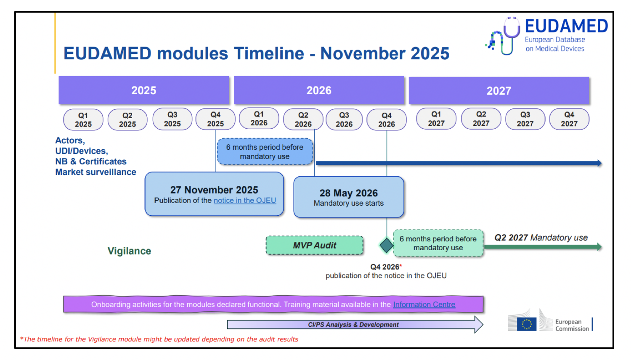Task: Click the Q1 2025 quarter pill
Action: point(83,120)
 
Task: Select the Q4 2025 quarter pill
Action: point(215,119)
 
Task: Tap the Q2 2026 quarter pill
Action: point(303,120)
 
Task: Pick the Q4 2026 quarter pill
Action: point(386,120)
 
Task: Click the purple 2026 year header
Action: point(319,90)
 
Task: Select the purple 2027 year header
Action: point(498,91)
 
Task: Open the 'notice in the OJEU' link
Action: point(245,201)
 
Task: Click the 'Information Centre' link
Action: point(424,304)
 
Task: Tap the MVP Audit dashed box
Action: point(315,246)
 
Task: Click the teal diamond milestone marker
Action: point(386,245)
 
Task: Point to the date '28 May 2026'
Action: point(348,193)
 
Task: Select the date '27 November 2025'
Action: point(214,190)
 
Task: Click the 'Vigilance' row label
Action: point(129,251)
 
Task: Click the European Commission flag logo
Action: point(526,324)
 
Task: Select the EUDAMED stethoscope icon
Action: point(504,37)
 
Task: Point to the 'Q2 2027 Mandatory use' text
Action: point(541,238)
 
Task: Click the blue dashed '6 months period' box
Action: point(265,152)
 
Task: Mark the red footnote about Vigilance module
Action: point(159,339)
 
